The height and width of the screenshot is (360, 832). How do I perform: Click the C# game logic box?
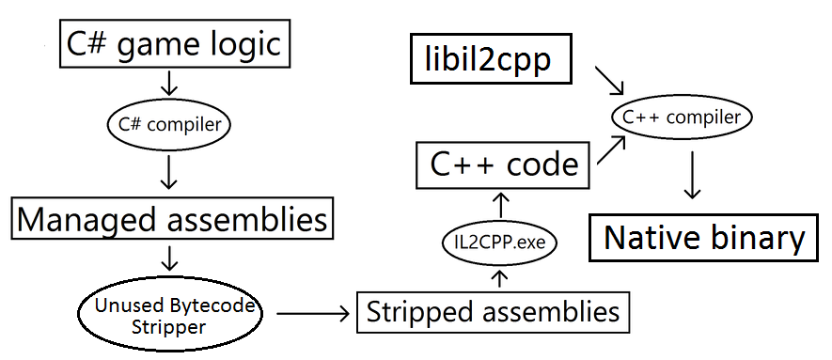(x=173, y=45)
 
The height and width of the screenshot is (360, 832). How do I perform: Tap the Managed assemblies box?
(x=173, y=220)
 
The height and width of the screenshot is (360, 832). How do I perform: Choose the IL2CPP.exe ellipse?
(x=499, y=243)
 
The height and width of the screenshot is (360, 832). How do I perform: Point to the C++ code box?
(x=503, y=165)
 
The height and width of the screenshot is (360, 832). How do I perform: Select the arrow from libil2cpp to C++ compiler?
(x=608, y=82)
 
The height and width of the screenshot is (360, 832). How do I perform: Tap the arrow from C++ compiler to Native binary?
(x=692, y=177)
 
